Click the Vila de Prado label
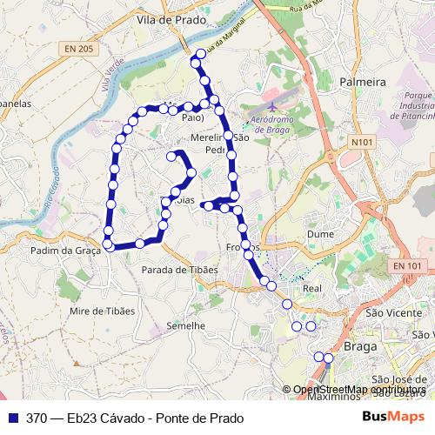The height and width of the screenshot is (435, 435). click(171, 18)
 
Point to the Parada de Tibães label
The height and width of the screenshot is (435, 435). click(180, 270)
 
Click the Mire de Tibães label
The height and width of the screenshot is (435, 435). click(104, 311)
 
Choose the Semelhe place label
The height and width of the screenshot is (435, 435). click(184, 325)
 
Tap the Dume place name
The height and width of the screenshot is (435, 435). click(320, 234)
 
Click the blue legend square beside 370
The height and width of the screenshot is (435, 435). click(14, 417)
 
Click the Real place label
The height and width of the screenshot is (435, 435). click(311, 288)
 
